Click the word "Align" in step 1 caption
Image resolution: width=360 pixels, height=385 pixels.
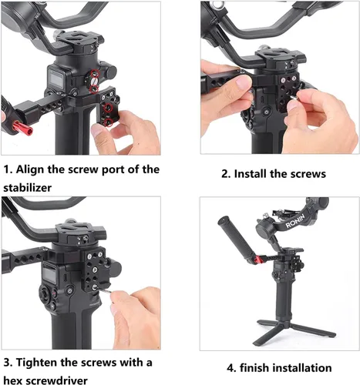[x=37, y=169]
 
